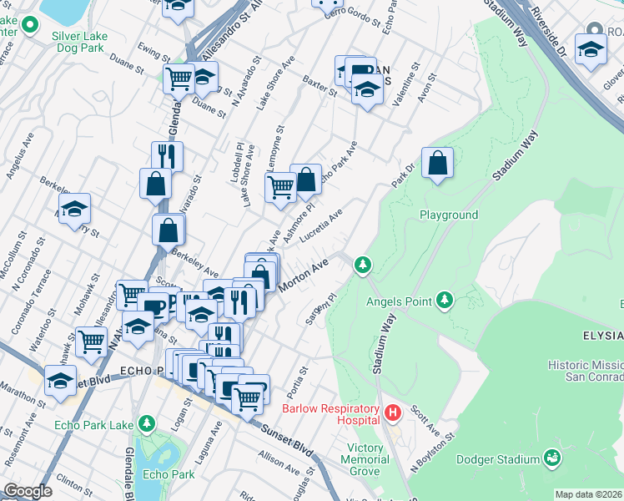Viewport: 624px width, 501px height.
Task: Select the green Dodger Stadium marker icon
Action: [551, 458]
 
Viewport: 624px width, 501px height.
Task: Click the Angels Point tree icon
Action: [445, 299]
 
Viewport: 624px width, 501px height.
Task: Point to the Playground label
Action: [448, 215]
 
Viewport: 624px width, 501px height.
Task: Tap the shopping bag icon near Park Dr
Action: [437, 164]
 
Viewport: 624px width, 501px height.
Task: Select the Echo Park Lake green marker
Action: [147, 425]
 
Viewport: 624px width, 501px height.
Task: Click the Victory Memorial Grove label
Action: [365, 459]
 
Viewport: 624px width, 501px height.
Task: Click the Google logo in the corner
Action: [28, 491]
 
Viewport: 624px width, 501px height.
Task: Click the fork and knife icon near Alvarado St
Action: [167, 156]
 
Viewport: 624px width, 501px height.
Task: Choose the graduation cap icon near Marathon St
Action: [60, 381]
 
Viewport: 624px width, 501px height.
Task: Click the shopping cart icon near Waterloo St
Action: [91, 341]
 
